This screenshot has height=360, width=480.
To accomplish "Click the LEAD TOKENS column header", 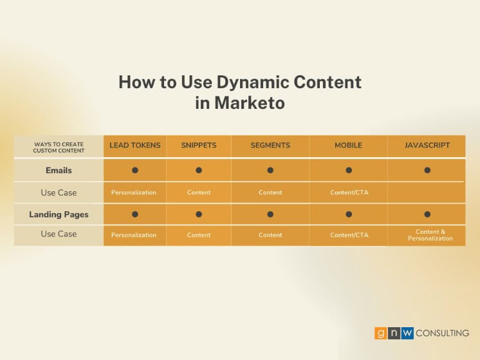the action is [135, 146].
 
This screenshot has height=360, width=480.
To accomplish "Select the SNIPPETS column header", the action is [199, 146].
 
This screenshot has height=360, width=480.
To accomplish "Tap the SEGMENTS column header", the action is [270, 146].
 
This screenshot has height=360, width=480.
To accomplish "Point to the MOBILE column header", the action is [348, 146].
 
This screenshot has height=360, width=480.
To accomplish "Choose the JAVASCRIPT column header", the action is [427, 146].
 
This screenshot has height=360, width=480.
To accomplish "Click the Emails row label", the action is [59, 171].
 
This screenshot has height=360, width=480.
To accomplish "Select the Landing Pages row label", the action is [59, 214].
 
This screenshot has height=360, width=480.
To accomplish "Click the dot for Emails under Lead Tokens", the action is [135, 170].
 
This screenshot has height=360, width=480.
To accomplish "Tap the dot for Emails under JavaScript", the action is [427, 170].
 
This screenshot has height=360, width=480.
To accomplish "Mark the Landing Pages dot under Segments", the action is [270, 214].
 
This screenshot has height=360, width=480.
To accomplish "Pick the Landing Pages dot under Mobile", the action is [349, 214].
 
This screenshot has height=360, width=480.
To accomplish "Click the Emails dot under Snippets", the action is [199, 170].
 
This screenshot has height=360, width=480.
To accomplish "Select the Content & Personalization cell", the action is [430, 235].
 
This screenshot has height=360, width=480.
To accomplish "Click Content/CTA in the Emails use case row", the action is [349, 193].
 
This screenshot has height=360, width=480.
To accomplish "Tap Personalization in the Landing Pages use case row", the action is [134, 235].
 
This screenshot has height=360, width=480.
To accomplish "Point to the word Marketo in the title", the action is [250, 102].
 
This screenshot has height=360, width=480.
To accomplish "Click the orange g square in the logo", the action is [380, 333].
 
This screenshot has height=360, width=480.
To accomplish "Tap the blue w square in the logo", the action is [407, 333].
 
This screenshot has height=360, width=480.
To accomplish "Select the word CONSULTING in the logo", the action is [442, 333].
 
